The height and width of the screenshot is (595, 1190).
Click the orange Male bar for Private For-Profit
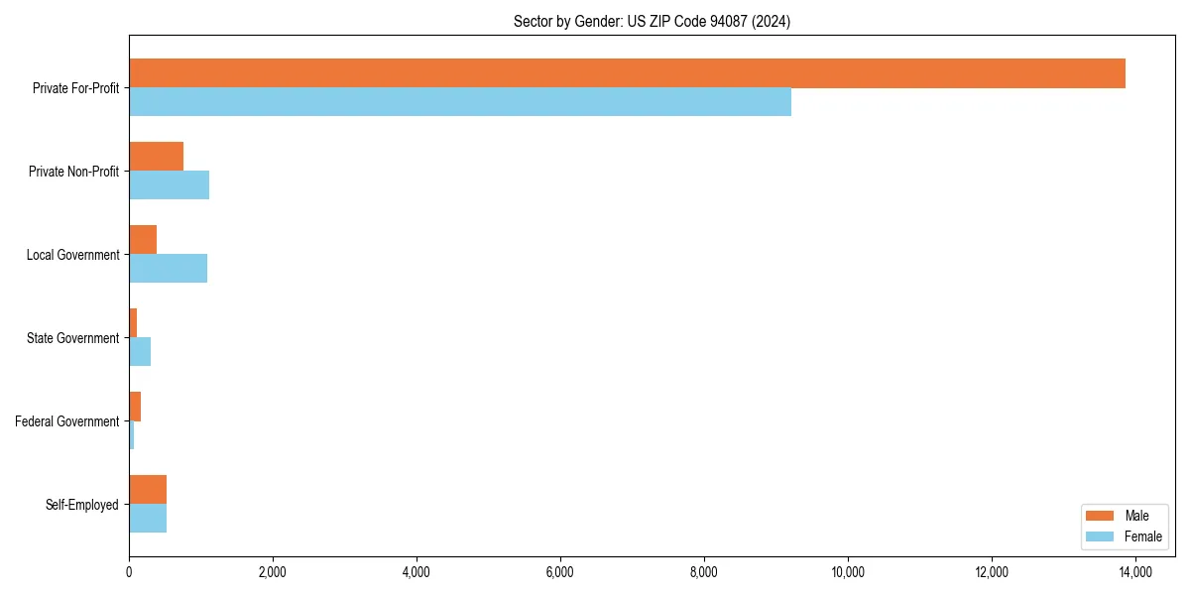pos(627,73)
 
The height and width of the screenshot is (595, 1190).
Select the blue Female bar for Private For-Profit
pos(460,102)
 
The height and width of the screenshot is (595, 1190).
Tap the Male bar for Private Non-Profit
pos(156,157)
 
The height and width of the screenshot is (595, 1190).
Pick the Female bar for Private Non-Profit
pos(169,185)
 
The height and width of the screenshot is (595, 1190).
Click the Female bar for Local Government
pos(168,269)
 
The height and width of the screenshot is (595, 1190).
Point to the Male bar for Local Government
pos(143,240)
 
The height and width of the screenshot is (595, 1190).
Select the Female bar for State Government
pos(140,352)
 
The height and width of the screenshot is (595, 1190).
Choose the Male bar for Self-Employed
pos(148,490)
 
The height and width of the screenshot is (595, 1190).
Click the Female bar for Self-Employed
pos(148,519)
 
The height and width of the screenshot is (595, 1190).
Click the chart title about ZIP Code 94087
pos(652,21)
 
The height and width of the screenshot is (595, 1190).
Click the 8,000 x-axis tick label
pos(704,572)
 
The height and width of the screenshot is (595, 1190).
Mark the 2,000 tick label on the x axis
pos(272,572)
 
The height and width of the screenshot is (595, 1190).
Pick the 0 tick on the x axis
pos(129,572)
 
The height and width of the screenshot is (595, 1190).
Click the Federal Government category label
pos(67,421)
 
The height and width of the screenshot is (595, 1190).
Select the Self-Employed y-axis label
pos(82,505)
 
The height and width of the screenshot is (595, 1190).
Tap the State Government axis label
pos(73,338)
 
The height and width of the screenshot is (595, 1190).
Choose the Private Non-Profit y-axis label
pos(73,172)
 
